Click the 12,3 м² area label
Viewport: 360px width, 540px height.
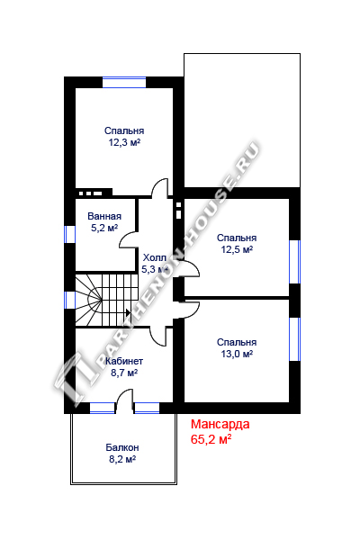pos(125,142)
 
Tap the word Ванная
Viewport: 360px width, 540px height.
pos(104,216)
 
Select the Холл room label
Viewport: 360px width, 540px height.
pos(155,257)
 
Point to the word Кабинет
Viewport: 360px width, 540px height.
pos(124,361)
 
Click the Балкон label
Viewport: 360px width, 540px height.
pos(122,447)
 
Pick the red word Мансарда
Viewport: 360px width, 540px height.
pos(220,424)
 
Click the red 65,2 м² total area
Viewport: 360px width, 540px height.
pos(211,439)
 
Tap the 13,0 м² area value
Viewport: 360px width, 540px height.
pos(237,354)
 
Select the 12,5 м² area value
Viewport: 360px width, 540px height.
pos(237,249)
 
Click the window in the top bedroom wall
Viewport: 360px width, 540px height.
pos(124,82)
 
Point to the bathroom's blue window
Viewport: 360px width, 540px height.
pos(70,234)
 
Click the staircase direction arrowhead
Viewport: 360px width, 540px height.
pos(128,312)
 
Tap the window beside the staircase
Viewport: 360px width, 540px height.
pos(70,300)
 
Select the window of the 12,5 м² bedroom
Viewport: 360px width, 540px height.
pos(294,262)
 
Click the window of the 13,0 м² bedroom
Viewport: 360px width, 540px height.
pos(294,339)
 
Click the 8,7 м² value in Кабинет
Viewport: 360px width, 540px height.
pos(124,373)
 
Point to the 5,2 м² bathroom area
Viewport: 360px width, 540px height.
pos(104,228)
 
